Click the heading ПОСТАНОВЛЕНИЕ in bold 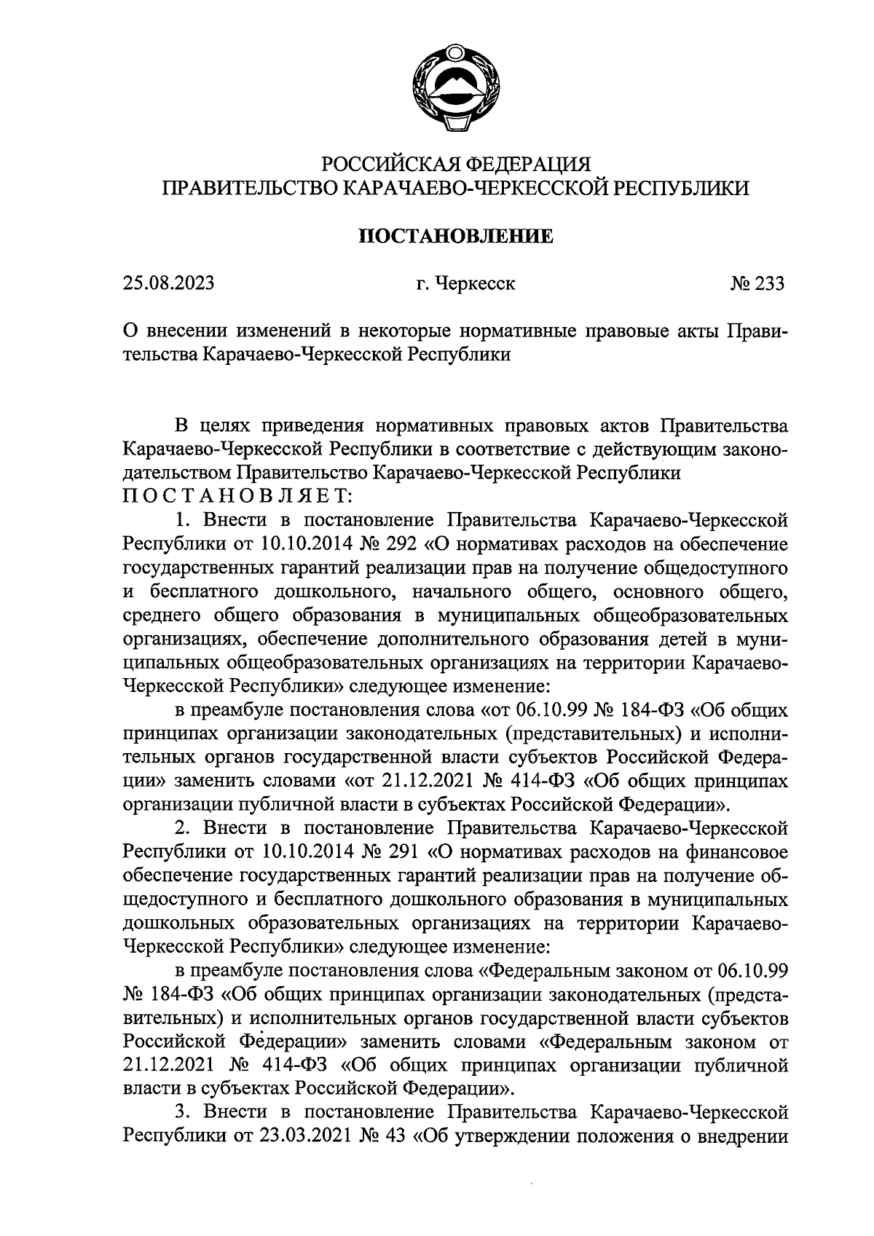(457, 236)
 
